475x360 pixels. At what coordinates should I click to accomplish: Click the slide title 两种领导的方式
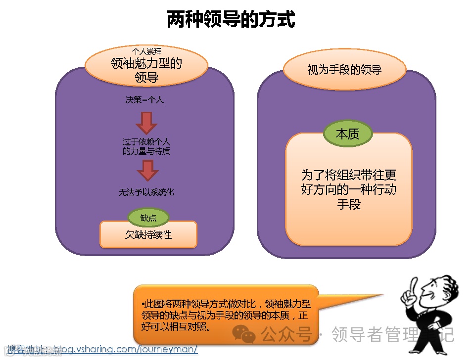point(231,20)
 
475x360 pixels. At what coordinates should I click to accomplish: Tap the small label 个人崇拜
point(146,50)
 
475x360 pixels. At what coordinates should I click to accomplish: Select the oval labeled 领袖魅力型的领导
point(146,70)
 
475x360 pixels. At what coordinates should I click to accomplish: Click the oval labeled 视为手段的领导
point(344,69)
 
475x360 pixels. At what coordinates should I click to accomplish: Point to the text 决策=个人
point(144,99)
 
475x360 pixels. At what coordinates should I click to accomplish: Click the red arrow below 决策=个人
point(146,122)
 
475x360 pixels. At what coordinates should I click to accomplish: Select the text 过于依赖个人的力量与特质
point(146,146)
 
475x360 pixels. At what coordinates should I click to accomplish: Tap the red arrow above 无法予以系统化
point(147,171)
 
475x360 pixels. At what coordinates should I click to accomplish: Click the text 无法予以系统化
point(146,192)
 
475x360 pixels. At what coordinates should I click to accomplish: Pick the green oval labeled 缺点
point(148,218)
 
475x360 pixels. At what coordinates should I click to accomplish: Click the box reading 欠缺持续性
point(148,234)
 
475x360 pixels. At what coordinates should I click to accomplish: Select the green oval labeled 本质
point(348,134)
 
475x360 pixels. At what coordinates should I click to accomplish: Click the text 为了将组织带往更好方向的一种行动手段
point(349,189)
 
